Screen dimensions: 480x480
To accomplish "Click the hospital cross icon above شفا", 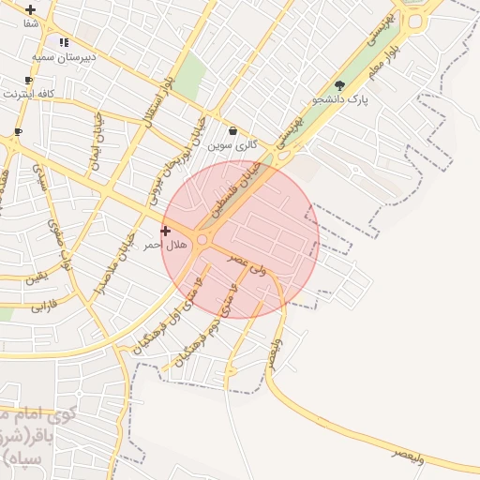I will (x=31, y=9).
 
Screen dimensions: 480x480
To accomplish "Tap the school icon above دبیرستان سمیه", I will (x=64, y=42).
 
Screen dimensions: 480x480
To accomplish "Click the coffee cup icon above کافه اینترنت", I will (x=28, y=81).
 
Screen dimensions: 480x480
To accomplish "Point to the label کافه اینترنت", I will (x=29, y=95).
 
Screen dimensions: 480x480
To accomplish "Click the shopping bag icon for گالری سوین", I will (x=232, y=131).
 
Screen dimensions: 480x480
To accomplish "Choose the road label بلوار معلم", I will (x=389, y=57).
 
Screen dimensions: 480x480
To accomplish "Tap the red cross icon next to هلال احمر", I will (x=166, y=231).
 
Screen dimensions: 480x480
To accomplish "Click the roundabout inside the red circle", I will (x=202, y=241).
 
